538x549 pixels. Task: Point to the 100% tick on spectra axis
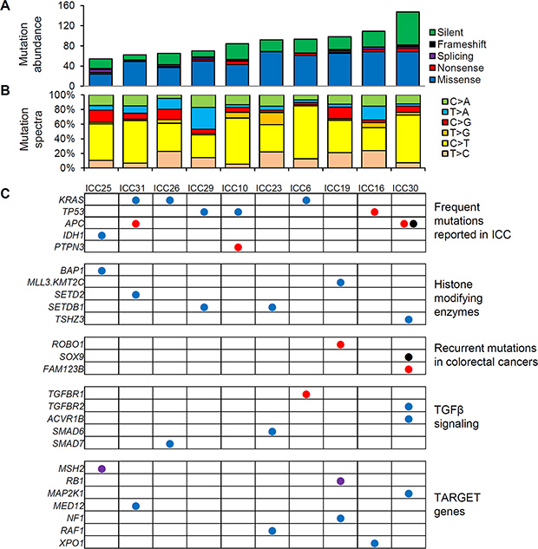[x=64, y=94]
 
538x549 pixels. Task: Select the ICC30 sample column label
[x=408, y=188]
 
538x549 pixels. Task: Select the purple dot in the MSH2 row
[x=102, y=468]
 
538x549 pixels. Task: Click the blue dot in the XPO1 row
[x=374, y=543]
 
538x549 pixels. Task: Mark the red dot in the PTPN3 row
[x=238, y=248]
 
